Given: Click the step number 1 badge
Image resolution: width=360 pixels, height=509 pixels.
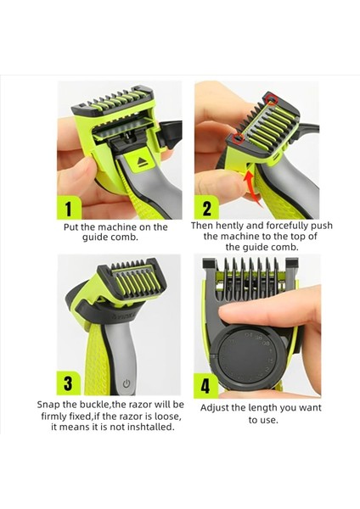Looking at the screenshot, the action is click(69, 208).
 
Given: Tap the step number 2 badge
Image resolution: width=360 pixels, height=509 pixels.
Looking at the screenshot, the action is click(206, 208).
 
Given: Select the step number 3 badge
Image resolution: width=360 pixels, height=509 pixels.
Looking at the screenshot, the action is click(69, 383).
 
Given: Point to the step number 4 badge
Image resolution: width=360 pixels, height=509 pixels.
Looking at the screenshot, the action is click(206, 385).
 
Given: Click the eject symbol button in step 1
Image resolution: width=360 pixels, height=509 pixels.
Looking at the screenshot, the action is click(143, 161).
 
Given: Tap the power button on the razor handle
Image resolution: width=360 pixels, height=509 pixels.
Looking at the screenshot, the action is click(127, 384).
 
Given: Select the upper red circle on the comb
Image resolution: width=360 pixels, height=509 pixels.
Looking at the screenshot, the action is click(271, 99).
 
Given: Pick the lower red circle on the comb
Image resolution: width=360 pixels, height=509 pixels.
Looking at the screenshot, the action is click(239, 138).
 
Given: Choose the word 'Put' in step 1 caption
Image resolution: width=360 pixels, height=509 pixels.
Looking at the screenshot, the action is click(70, 227).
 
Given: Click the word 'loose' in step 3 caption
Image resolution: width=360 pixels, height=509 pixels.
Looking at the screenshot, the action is click(167, 417).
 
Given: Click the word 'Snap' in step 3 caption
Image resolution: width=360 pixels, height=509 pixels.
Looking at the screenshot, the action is click(47, 406).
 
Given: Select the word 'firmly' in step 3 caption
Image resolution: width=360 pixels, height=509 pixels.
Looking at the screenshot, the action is click(53, 417).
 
